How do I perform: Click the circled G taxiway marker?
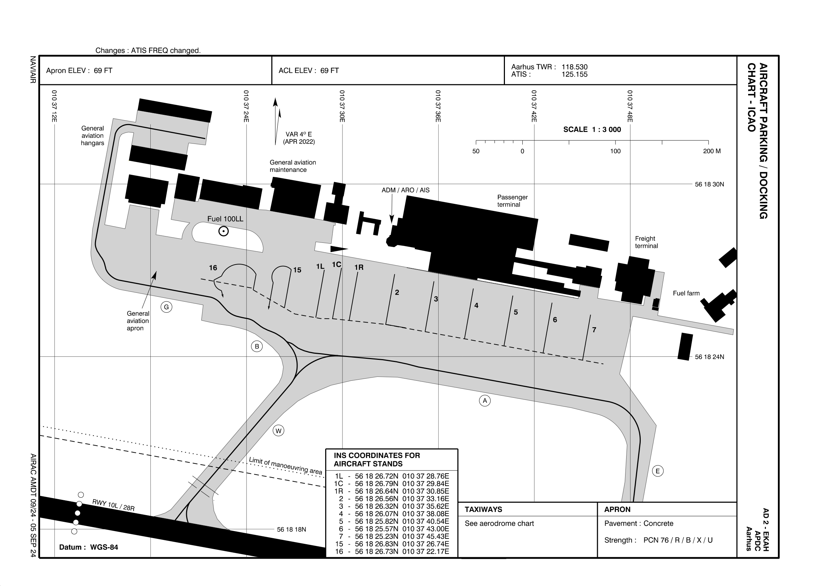(166, 307)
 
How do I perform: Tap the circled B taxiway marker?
(257, 347)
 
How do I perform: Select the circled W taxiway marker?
(278, 431)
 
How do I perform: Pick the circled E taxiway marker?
(658, 471)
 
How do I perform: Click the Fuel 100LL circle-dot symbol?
(223, 231)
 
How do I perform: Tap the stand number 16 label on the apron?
(213, 268)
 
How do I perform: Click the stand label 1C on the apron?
(336, 265)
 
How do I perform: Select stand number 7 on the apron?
(594, 330)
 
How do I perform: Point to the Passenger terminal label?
(512, 201)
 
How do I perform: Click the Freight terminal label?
(646, 242)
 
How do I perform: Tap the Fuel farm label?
(686, 293)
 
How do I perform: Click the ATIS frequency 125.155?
(574, 74)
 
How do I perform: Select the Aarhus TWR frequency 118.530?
(574, 67)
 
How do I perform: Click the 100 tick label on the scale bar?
(615, 151)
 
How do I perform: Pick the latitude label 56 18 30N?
(710, 184)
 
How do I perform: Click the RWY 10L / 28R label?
(113, 505)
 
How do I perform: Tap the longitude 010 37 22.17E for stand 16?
(426, 551)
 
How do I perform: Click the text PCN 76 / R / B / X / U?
(678, 540)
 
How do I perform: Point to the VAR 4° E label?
(299, 134)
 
